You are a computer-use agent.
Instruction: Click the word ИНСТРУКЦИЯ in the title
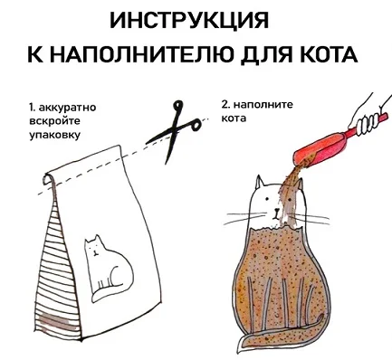point(189,20)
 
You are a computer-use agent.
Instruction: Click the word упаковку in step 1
point(55,135)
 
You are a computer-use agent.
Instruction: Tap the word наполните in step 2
point(263,105)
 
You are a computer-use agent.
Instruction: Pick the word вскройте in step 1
point(54,121)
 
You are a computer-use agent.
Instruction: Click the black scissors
point(174,130)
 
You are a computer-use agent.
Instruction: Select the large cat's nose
point(276,210)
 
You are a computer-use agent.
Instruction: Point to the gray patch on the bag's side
point(56,321)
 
